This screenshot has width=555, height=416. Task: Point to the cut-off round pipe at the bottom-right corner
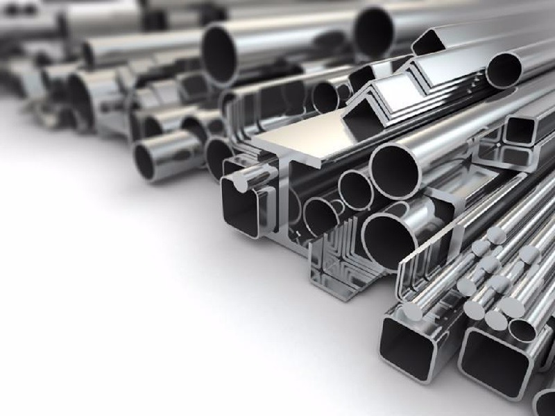545,402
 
